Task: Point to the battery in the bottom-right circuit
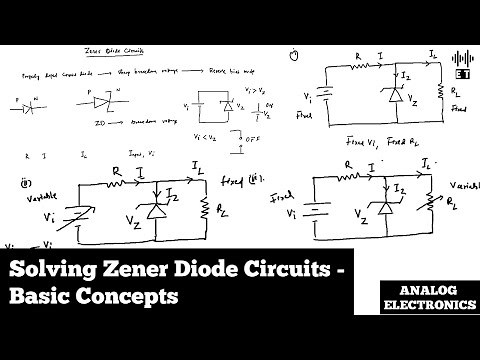click(x=314, y=212)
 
